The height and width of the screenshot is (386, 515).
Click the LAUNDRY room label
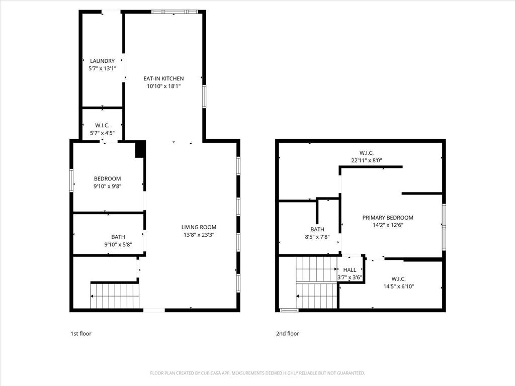[x=102, y=61]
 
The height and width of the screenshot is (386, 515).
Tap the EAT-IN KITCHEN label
[x=163, y=78]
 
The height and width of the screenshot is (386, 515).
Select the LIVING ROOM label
[x=199, y=227]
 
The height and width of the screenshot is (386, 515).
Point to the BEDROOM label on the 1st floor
[x=107, y=178]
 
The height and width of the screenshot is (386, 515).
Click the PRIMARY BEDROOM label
[x=388, y=218]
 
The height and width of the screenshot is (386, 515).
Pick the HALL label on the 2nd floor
[x=350, y=270]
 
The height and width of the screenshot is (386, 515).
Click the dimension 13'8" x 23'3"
[x=199, y=235]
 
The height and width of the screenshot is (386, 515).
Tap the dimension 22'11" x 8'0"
[x=366, y=161]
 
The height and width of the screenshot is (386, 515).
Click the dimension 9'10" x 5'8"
[x=118, y=245]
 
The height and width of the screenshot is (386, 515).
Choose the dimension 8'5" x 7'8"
[x=317, y=237]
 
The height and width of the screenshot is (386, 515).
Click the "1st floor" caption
[x=80, y=333]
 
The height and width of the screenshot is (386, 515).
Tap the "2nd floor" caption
[x=287, y=333]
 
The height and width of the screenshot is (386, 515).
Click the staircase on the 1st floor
[x=115, y=296]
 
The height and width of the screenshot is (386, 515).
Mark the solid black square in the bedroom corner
[x=140, y=149]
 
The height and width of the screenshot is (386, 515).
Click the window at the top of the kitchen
[x=172, y=12]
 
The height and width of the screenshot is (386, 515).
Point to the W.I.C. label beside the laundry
[x=102, y=125]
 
